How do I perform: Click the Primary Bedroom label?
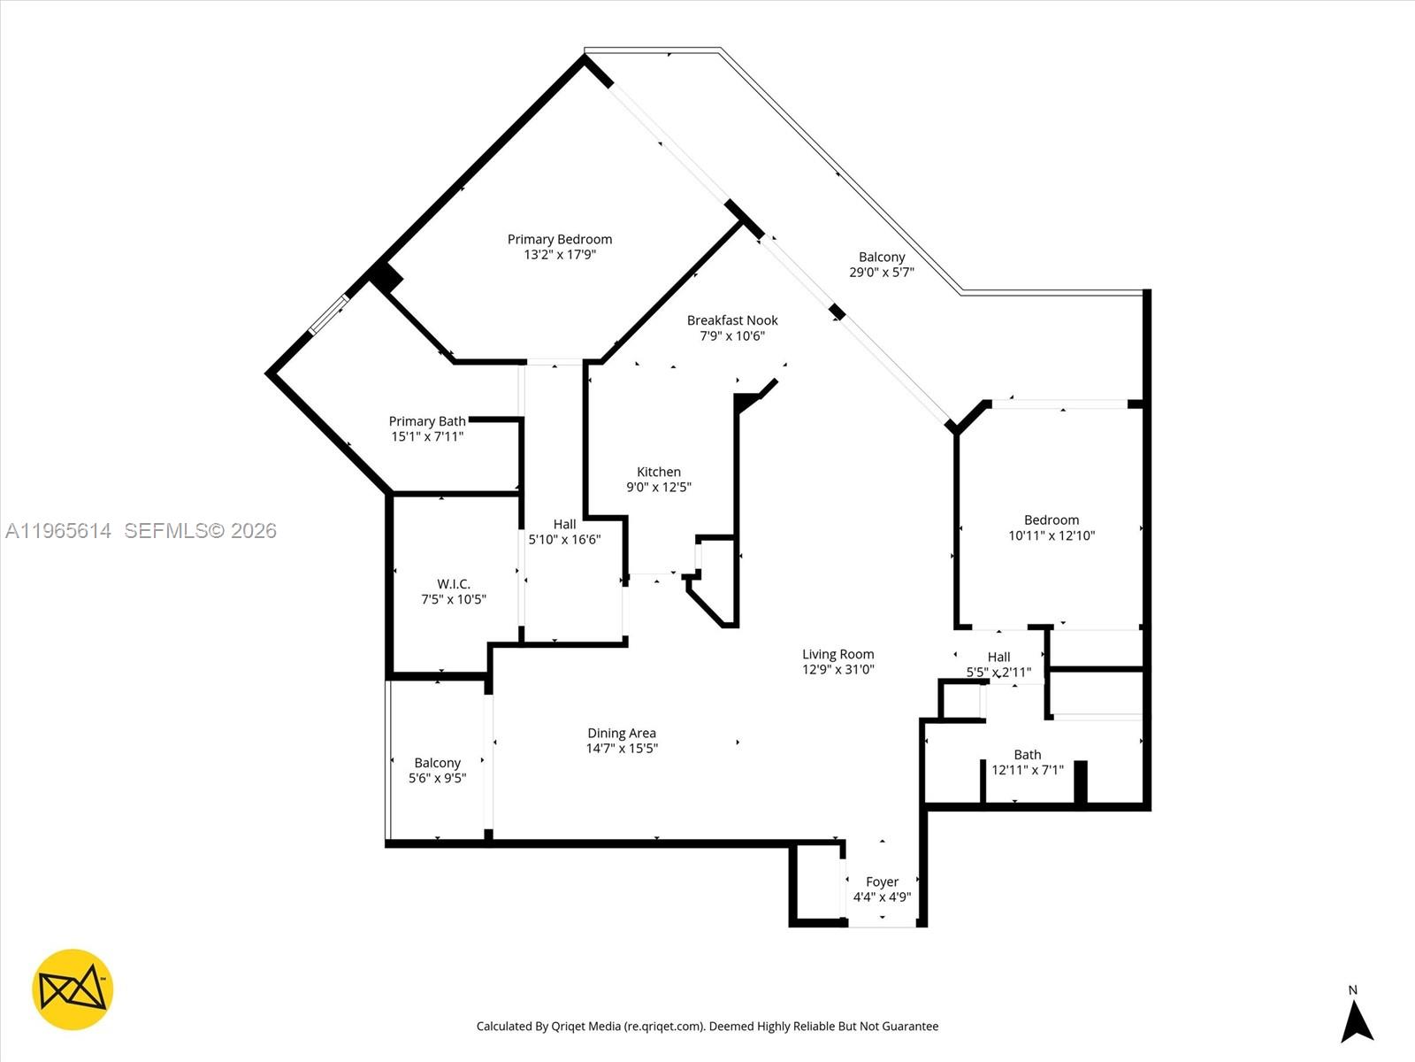559,239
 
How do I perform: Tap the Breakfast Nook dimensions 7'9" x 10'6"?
732,335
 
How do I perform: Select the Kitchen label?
659,472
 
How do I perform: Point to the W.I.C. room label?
454,584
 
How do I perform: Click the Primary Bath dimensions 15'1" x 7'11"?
427,436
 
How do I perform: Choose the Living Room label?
838,654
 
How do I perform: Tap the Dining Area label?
622,733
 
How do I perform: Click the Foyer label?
882,881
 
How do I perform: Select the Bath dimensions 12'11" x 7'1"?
1027,770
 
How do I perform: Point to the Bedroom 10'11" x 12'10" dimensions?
1052,535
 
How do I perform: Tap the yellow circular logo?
73,989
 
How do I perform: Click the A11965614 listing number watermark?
58,530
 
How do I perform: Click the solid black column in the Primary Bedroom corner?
386,277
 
